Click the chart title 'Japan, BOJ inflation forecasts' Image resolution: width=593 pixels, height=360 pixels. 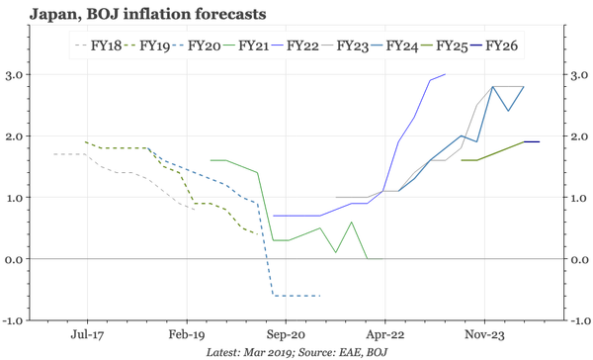pyautogui.click(x=136, y=15)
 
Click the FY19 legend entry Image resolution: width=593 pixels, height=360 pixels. pyautogui.click(x=154, y=45)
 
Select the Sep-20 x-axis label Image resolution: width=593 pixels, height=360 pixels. pyautogui.click(x=286, y=334)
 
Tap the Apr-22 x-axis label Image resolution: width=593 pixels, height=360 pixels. pyautogui.click(x=384, y=334)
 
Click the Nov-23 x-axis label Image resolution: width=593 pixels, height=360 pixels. pyautogui.click(x=483, y=334)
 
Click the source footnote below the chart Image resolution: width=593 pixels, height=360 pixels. pyautogui.click(x=296, y=352)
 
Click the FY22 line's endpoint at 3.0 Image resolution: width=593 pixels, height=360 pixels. pyautogui.click(x=446, y=74)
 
